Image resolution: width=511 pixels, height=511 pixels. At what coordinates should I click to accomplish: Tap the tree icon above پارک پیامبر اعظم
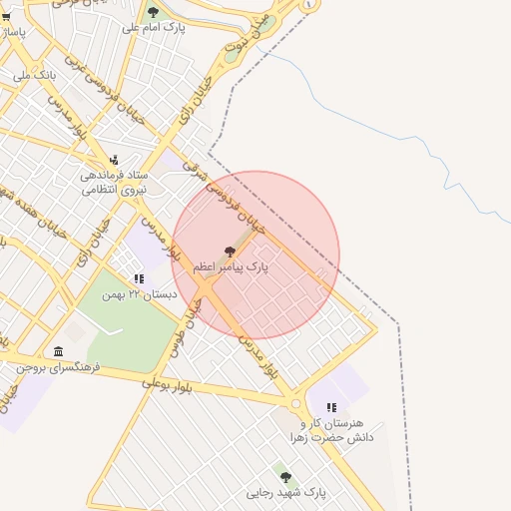click(231, 253)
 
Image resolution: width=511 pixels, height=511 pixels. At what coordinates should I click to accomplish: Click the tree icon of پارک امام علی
click(153, 13)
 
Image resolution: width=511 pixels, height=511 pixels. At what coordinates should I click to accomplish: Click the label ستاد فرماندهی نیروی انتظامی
click(114, 181)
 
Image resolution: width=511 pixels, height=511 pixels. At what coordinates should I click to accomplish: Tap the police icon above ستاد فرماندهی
click(114, 160)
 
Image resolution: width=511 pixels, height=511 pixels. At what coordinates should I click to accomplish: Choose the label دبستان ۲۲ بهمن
click(144, 294)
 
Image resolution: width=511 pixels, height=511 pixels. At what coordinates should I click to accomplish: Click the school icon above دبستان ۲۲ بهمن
click(139, 278)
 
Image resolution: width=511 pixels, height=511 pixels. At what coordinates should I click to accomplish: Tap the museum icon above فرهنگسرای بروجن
click(58, 351)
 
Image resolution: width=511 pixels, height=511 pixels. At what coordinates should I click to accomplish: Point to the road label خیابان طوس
click(192, 313)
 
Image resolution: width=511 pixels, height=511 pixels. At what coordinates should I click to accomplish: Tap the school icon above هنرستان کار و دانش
click(331, 407)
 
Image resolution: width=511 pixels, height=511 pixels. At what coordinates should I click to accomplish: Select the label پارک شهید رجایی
click(287, 493)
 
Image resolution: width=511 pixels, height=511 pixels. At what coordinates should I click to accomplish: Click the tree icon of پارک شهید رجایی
click(286, 477)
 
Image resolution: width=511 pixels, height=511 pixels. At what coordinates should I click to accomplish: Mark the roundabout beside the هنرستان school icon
click(296, 404)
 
